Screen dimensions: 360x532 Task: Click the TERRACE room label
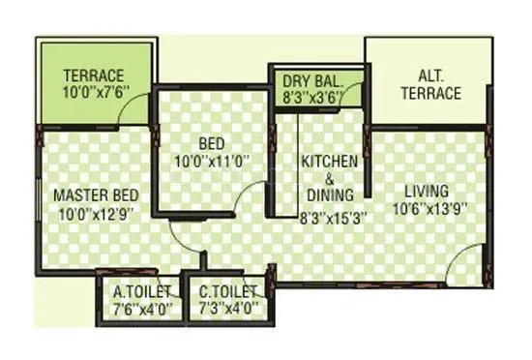95,76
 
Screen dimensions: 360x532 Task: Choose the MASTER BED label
93,193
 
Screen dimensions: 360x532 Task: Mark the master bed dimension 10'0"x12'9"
93,211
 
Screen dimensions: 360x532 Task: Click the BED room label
211,142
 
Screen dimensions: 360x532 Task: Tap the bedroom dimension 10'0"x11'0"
211,161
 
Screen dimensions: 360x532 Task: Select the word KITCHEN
329,160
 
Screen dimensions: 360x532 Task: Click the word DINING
329,196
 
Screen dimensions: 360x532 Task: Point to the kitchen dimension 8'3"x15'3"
329,218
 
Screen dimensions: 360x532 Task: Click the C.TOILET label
229,291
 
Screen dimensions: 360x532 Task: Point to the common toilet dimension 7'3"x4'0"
229,309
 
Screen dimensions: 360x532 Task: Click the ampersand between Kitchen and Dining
329,178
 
